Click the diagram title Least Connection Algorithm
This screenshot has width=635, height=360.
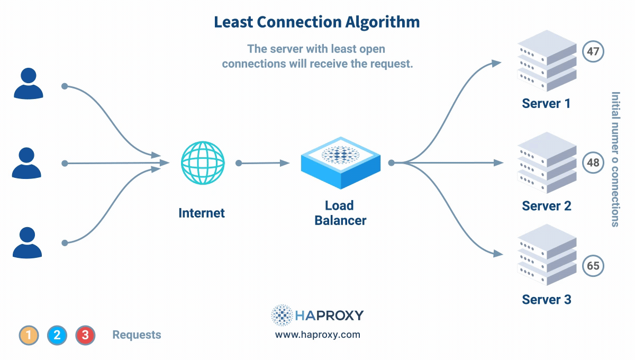[316, 22]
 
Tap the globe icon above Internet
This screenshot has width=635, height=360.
[203, 163]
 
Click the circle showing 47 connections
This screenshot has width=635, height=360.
[593, 52]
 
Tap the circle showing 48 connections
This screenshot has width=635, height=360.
[593, 162]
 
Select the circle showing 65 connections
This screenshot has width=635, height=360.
[593, 265]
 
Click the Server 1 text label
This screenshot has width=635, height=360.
[546, 103]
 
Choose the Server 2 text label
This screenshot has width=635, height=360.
[546, 206]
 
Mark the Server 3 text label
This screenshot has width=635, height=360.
[546, 300]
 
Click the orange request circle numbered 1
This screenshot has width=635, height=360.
[29, 335]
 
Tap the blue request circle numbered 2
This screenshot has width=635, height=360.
[57, 335]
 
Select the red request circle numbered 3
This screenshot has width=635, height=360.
[85, 335]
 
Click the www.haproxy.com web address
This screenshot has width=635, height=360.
[317, 335]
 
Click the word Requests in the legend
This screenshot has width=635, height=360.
[137, 335]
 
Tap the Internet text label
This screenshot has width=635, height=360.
[202, 213]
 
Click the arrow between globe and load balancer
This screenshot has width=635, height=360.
[263, 163]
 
